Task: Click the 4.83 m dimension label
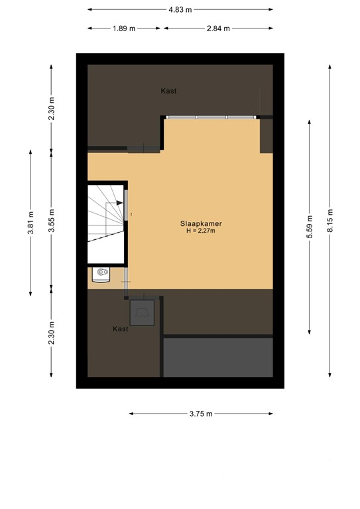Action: (x=180, y=9)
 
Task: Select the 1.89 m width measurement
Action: (x=123, y=28)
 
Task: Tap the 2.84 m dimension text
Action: (x=217, y=28)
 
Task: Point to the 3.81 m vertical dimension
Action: (x=30, y=223)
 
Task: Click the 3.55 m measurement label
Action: (x=52, y=218)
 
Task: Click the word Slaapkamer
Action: (x=201, y=223)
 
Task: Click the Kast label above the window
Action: (x=168, y=91)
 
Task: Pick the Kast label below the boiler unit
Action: (x=120, y=329)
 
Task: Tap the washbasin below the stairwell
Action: (x=101, y=272)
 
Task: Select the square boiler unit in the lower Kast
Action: (x=143, y=311)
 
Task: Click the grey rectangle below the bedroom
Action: (x=218, y=357)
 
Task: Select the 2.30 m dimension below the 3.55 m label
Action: (x=52, y=333)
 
